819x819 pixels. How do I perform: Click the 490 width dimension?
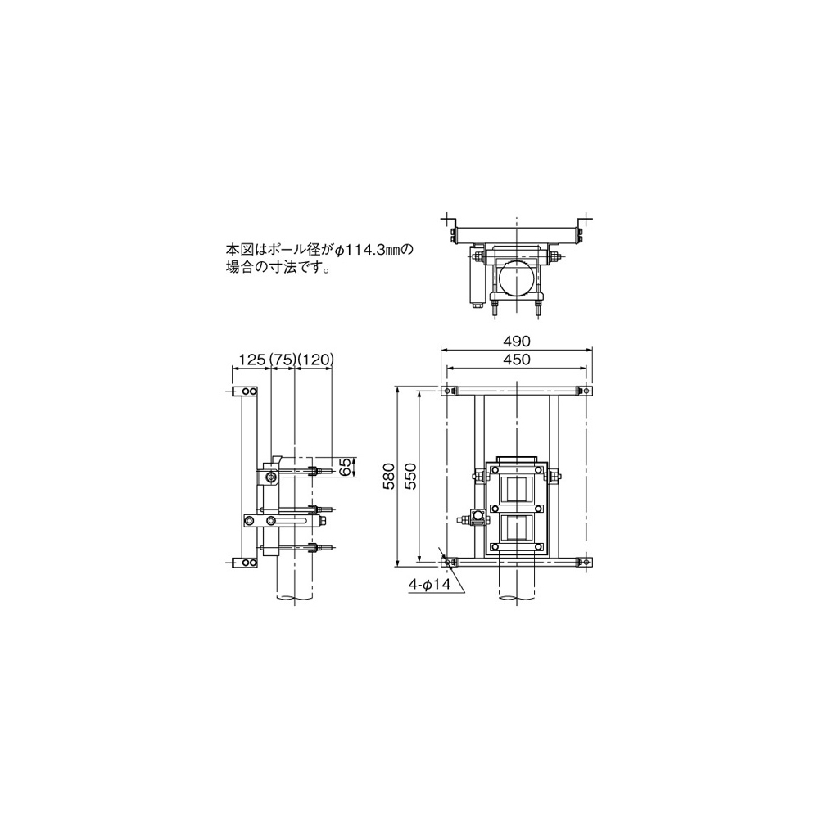pos(517,341)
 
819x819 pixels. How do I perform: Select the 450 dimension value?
pos(517,360)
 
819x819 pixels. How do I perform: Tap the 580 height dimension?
pos(389,476)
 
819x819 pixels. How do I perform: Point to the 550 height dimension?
pos(411,476)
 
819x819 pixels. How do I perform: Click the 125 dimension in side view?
pos(253,360)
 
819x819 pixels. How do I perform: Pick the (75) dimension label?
pos(283,360)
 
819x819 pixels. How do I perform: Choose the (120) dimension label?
pos(315,360)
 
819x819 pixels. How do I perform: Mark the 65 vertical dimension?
pos(345,467)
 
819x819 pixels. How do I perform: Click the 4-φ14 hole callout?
pos(429,585)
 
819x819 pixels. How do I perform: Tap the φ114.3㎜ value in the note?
pos(373,250)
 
